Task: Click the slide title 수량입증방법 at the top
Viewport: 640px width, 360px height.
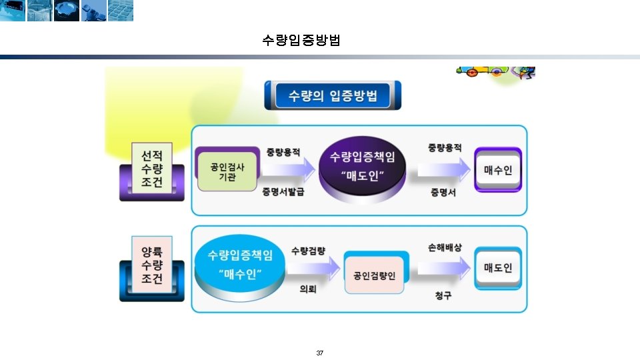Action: click(x=301, y=40)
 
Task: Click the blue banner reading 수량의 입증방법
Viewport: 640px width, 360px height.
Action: click(x=333, y=95)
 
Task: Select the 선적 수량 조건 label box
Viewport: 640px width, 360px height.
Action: click(x=151, y=169)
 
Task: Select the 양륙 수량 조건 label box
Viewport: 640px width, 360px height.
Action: click(x=151, y=265)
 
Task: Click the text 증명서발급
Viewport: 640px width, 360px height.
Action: click(x=283, y=192)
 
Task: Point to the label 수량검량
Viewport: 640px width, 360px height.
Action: click(x=308, y=251)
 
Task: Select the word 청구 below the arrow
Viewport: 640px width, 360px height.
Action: click(x=443, y=295)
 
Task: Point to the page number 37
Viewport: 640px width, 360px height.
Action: click(x=320, y=352)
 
